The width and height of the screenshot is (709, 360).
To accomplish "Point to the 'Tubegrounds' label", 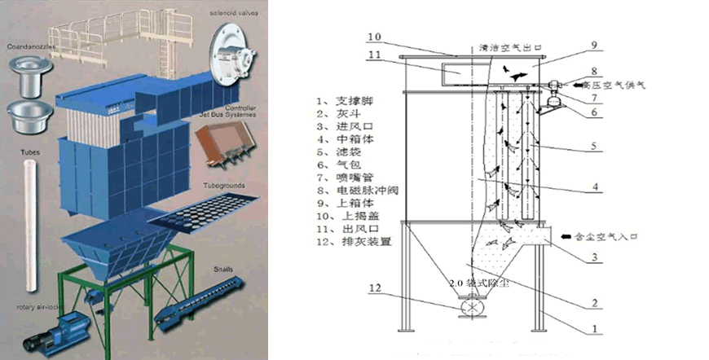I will [x=224, y=187].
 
